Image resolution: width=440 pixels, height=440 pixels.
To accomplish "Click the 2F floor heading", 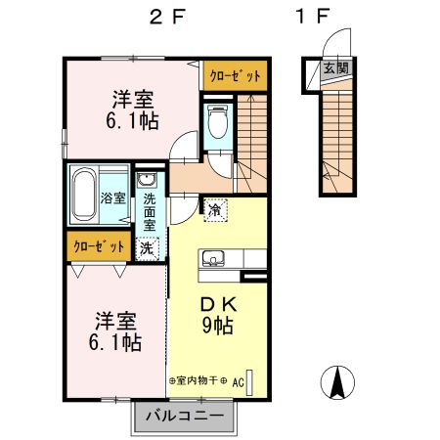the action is pos(167,17).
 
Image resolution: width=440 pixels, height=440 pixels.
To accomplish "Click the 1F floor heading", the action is pos(313,17).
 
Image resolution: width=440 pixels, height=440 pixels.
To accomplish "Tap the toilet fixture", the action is pos(218,121).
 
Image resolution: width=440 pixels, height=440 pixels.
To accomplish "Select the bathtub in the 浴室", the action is pos(84,195).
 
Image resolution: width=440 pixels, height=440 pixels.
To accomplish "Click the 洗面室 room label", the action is pos(150,212).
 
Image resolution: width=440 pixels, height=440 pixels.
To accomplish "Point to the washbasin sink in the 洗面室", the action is pos(147,180).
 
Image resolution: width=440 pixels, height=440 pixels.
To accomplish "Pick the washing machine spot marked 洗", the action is pos(148,249).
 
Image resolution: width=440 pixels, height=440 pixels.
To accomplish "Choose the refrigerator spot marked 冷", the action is pos(215,210).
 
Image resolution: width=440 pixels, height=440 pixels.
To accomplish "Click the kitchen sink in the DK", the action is pos(213,258).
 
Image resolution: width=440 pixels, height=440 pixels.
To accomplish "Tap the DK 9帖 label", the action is pos(217,316).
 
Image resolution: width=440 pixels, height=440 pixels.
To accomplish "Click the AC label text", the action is pos(239,382).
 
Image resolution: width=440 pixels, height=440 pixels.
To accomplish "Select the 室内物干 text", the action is pos(197,380).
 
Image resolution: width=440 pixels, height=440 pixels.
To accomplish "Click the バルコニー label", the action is pos(185,416).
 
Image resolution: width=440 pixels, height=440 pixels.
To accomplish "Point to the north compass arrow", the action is pos(337,382).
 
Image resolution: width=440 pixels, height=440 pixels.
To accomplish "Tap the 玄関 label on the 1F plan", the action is pos(335,68).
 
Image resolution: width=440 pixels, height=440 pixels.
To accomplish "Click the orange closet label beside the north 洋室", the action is pos(236,75).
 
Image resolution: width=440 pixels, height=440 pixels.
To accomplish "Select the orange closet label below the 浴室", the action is pos(99,246).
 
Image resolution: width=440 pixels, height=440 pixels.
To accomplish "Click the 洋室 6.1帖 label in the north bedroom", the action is pos(133,110).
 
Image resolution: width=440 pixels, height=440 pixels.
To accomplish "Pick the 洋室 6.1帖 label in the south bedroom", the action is pos(115,331).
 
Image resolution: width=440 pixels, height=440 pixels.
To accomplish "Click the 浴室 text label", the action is pos(113,198).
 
